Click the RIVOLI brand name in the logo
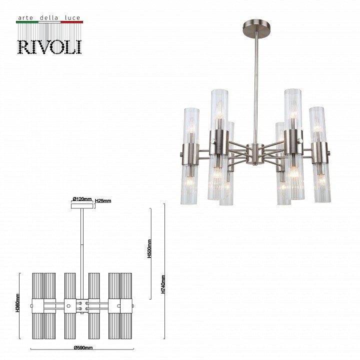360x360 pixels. (x=49, y=47)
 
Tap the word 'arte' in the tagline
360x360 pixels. (x=25, y=18)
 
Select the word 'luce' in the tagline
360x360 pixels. (x=72, y=17)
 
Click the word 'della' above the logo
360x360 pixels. (x=49, y=17)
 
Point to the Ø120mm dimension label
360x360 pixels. (x=82, y=199)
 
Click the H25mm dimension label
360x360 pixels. (x=103, y=201)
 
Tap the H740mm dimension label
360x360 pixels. (x=163, y=284)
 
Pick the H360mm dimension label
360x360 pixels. (x=17, y=303)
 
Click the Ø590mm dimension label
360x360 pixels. (x=83, y=347)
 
